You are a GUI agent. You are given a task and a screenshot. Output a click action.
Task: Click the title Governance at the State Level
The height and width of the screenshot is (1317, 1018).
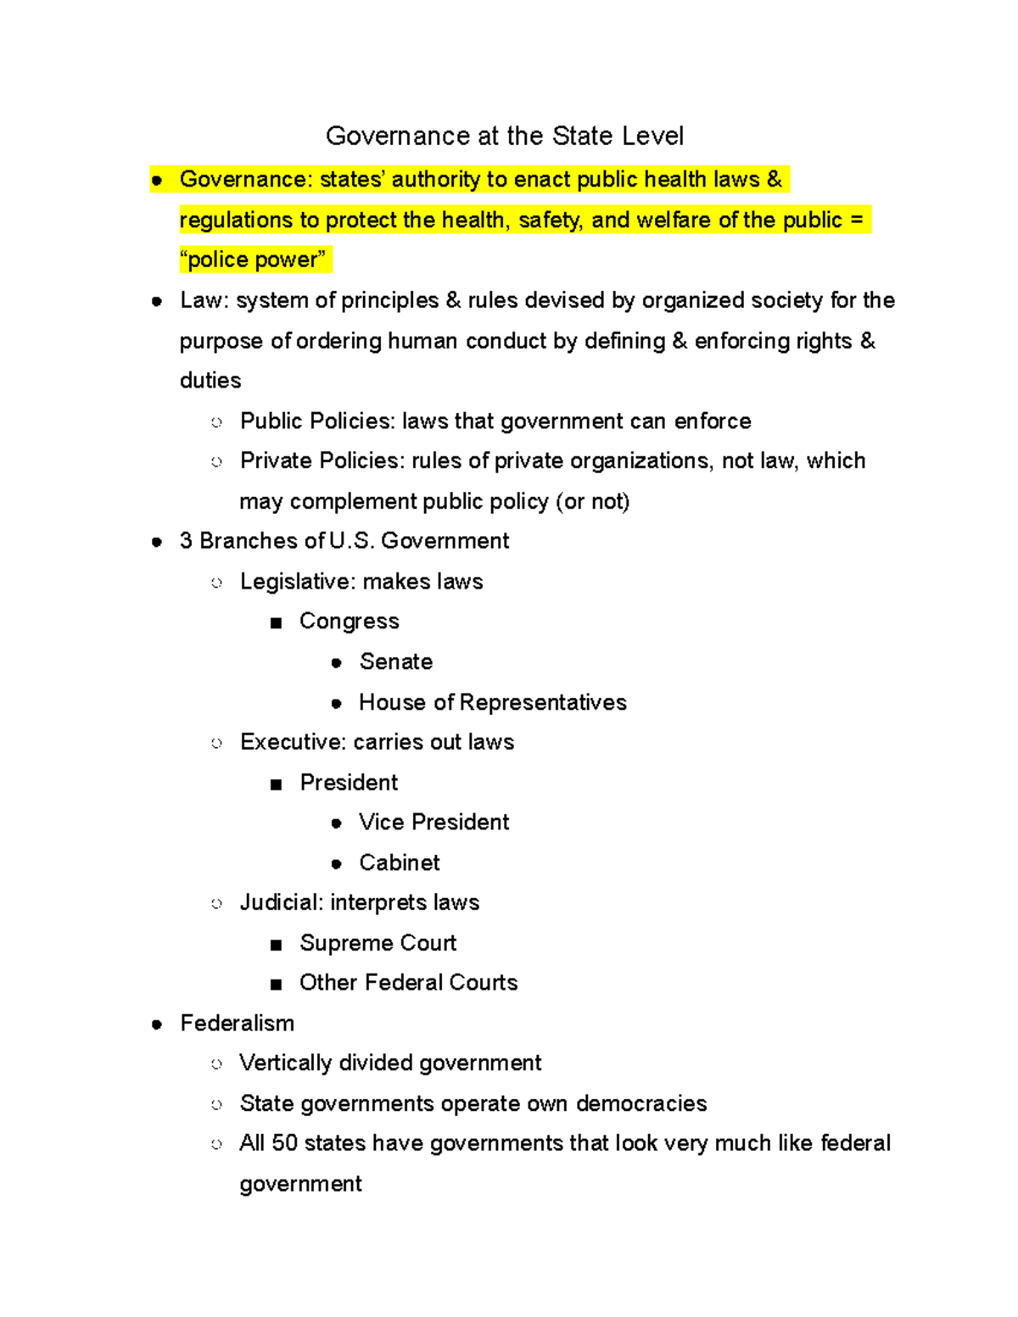[x=504, y=136]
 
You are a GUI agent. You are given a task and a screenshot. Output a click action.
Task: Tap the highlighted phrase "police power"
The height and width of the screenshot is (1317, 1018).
[x=253, y=259]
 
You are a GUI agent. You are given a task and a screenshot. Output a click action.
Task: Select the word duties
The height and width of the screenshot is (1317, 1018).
[x=210, y=381]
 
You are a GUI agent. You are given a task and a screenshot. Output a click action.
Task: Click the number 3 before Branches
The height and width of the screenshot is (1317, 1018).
[x=186, y=541]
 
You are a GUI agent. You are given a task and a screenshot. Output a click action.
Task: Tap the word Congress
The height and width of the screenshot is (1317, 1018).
[x=349, y=622]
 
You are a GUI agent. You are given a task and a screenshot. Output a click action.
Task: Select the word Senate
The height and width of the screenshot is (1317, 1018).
[x=395, y=661]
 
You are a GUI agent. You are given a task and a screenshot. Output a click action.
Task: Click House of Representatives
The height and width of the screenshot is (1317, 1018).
[x=492, y=702]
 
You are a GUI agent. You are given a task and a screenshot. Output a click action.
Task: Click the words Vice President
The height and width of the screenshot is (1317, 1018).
[x=433, y=823]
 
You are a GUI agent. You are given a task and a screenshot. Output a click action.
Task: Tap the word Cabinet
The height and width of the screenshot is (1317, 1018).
[x=399, y=862]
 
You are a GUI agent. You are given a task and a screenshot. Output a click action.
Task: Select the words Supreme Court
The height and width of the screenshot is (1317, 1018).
[x=378, y=943]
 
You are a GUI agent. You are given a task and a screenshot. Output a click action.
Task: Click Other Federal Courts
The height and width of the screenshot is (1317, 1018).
[x=408, y=983]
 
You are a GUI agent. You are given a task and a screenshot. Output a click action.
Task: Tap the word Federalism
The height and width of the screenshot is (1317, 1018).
[x=237, y=1024]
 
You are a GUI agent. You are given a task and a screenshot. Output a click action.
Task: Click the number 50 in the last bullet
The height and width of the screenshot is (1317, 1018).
[x=284, y=1143]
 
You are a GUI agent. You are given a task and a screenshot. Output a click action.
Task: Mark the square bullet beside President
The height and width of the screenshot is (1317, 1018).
[x=276, y=784]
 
